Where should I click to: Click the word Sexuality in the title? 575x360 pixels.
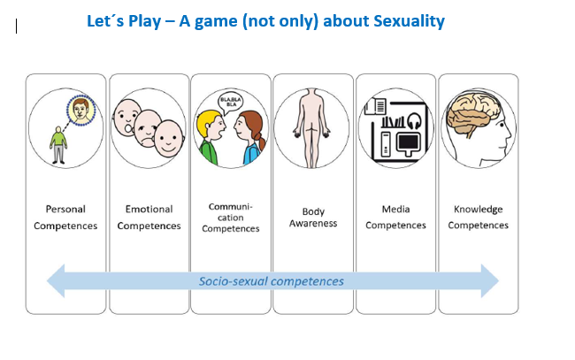pyautogui.click(x=409, y=21)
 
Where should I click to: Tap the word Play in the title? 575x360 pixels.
pyautogui.click(x=144, y=21)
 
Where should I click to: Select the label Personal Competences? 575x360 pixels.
pyautogui.click(x=65, y=218)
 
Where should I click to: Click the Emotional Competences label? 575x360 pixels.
pyautogui.click(x=149, y=218)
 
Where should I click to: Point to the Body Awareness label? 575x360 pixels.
pyautogui.click(x=313, y=218)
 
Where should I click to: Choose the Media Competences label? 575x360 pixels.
pyautogui.click(x=395, y=217)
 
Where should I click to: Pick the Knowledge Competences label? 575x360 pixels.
pyautogui.click(x=479, y=217)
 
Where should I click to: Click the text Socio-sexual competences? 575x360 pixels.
pyautogui.click(x=272, y=281)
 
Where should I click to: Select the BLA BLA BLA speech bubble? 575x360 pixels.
pyautogui.click(x=230, y=103)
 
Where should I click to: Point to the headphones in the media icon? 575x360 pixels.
pyautogui.click(x=414, y=120)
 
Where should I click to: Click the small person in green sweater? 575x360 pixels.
pyautogui.click(x=58, y=145)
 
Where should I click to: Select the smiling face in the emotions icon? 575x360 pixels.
pyautogui.click(x=168, y=138)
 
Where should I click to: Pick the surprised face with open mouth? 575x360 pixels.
pyautogui.click(x=126, y=118)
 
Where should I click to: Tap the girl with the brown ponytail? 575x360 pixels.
pyautogui.click(x=249, y=138)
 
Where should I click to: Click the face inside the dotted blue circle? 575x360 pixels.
pyautogui.click(x=80, y=110)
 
